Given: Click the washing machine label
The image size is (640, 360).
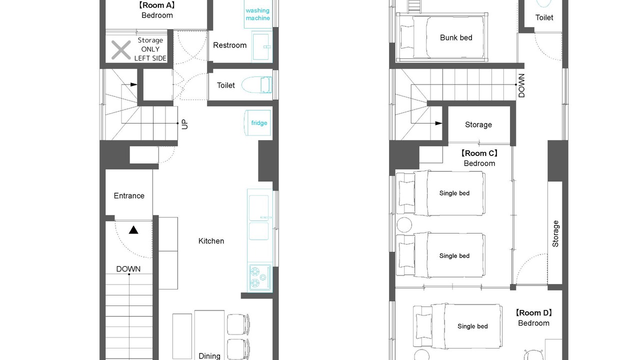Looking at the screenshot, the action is (257, 14).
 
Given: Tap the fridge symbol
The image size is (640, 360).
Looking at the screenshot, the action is (257, 123).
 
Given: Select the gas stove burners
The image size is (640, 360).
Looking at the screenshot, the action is (259, 277).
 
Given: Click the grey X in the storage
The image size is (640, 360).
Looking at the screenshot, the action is (121, 50).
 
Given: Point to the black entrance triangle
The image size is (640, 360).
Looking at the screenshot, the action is (133, 230).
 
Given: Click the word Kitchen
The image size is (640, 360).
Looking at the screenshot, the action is (211, 241).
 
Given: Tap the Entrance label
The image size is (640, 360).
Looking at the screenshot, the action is (129, 195).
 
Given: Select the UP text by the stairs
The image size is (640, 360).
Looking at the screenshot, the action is (185, 124).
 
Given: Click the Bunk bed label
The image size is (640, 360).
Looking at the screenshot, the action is (456, 37).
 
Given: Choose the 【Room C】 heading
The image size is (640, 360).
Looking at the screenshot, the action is (479, 153).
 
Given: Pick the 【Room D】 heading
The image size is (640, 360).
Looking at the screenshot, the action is (533, 313).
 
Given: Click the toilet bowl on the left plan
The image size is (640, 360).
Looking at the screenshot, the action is (256, 85).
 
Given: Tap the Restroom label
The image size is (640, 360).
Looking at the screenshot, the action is (229, 45).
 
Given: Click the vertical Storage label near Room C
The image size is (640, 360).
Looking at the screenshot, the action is (555, 233).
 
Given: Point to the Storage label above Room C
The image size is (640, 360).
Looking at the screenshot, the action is (478, 124).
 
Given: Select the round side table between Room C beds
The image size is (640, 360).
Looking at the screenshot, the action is (404, 224).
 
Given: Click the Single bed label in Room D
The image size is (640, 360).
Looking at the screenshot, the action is (472, 326).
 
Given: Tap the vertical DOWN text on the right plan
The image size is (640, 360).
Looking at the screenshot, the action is (521, 85).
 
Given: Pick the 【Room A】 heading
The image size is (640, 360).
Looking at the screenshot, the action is (157, 5).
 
